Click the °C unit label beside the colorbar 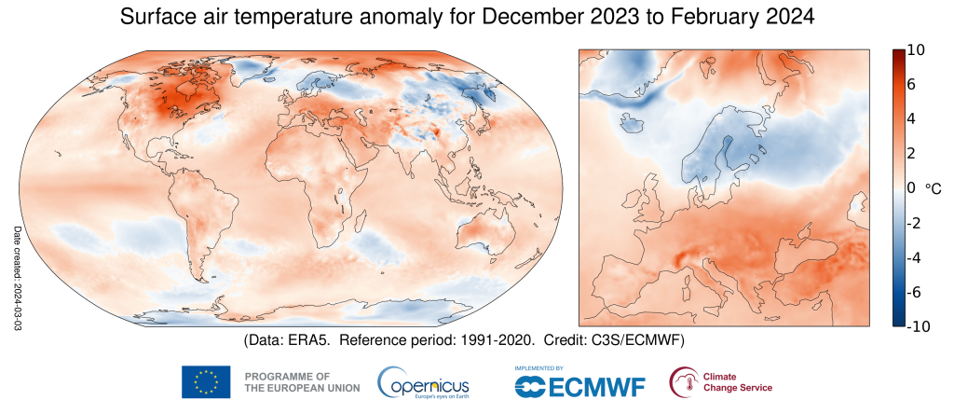(x=934, y=188)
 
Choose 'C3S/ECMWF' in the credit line (x=644, y=338)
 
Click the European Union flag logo (x=207, y=381)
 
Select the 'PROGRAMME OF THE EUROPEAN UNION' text (x=286, y=381)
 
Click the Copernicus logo (x=424, y=381)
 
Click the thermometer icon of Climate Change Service (x=684, y=381)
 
